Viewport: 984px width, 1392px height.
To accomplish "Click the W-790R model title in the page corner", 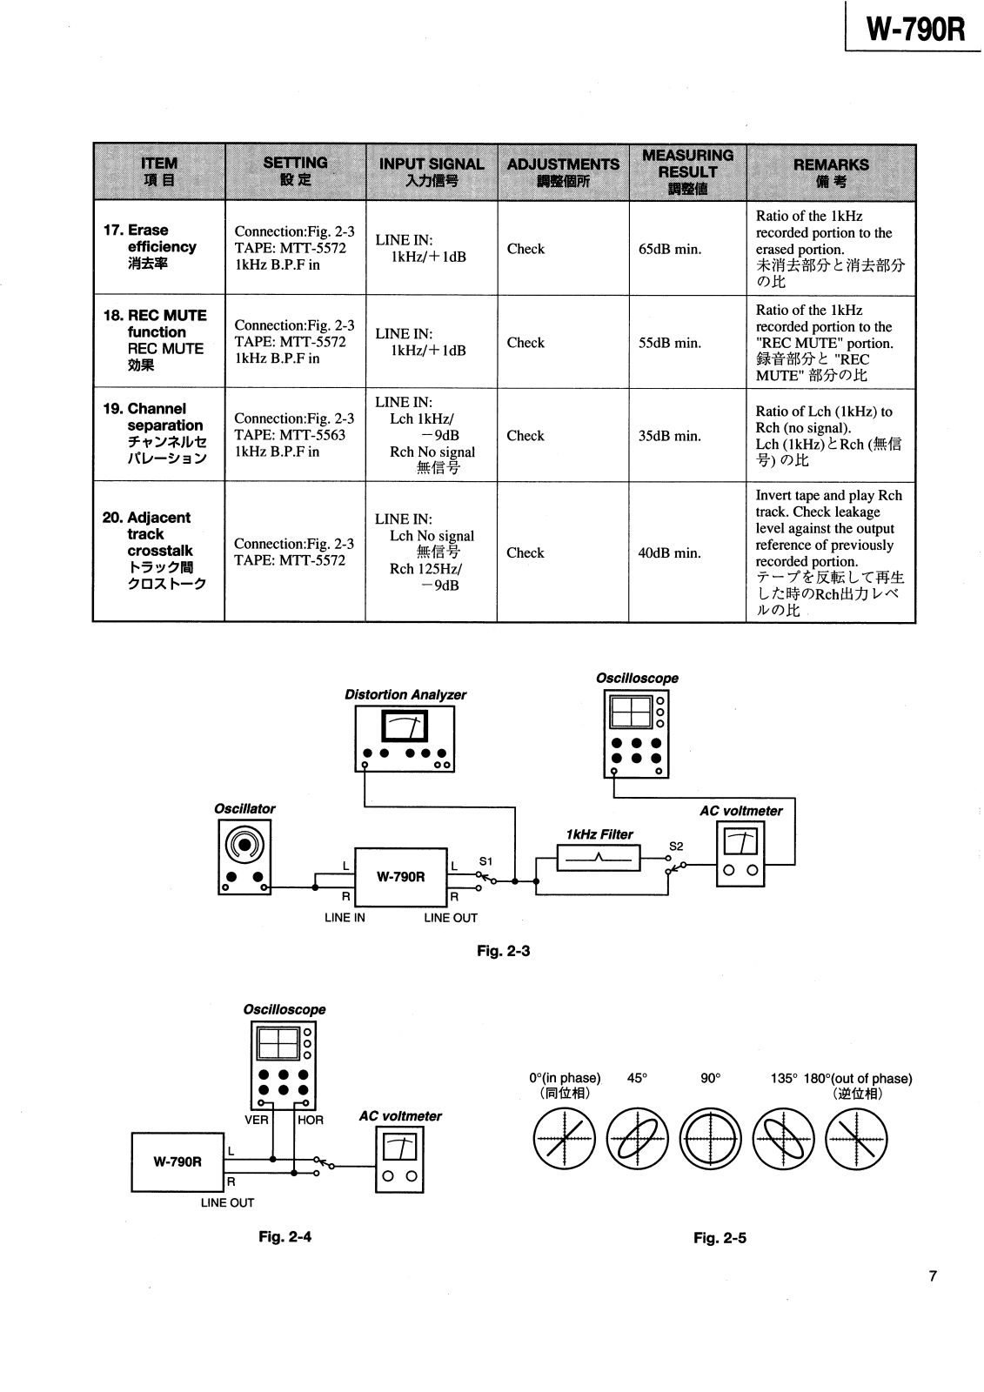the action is tap(915, 30).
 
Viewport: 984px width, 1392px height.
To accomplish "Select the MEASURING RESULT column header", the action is tap(687, 171).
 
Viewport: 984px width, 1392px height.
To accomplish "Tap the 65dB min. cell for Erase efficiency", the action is tap(669, 249).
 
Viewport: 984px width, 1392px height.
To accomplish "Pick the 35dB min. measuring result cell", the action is tap(669, 436).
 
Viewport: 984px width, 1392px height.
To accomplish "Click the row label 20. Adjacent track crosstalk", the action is tap(155, 551).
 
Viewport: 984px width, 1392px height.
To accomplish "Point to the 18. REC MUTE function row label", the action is tap(155, 340).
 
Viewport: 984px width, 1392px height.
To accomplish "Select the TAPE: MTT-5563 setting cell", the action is tap(290, 435).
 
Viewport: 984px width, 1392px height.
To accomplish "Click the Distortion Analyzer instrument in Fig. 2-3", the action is tap(405, 739).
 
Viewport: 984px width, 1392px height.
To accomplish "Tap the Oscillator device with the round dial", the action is tap(244, 857).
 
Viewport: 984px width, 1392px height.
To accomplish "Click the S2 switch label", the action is tap(676, 847).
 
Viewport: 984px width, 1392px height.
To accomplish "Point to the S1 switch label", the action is tap(485, 861).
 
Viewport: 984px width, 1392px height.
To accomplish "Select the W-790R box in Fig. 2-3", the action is tap(401, 877).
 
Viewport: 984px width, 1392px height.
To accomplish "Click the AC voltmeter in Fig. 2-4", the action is tap(399, 1160).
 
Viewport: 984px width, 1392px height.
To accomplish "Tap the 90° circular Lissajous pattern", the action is tap(711, 1139).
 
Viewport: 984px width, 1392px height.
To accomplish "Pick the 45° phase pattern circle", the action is tap(637, 1139).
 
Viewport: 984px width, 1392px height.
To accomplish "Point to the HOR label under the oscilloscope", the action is tap(311, 1120).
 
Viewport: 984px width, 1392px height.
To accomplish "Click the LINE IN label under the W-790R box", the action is tap(345, 917).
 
